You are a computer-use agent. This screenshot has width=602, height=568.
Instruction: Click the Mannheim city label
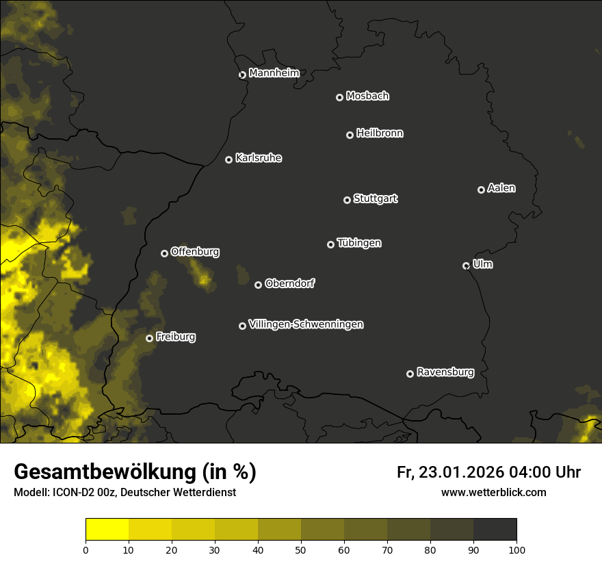click(274, 73)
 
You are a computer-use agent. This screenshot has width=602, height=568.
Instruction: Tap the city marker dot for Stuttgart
click(347, 200)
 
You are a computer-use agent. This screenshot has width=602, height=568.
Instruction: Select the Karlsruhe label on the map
click(258, 158)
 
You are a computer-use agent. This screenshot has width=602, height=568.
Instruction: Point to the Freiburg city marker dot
click(149, 338)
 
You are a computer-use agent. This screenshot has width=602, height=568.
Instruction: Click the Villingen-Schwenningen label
click(306, 324)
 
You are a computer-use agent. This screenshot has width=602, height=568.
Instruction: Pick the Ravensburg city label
click(445, 372)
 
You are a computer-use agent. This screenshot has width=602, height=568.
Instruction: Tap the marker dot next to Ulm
click(466, 266)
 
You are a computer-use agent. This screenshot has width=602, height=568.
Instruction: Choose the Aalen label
click(501, 188)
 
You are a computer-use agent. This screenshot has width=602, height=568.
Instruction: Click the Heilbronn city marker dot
click(350, 135)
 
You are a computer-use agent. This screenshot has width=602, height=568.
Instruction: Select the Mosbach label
click(367, 96)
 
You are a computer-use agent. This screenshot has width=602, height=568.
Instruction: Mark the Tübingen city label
click(359, 243)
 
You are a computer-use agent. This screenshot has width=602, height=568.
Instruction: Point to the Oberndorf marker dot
click(258, 285)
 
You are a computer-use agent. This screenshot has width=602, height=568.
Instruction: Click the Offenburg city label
click(195, 252)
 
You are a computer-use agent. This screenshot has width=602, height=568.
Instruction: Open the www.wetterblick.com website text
click(493, 492)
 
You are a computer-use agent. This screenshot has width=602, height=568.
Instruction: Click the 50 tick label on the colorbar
click(301, 550)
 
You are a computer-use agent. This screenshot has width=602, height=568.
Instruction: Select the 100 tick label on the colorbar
click(516, 550)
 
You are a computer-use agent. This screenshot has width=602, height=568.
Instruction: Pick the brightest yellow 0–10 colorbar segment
click(107, 529)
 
